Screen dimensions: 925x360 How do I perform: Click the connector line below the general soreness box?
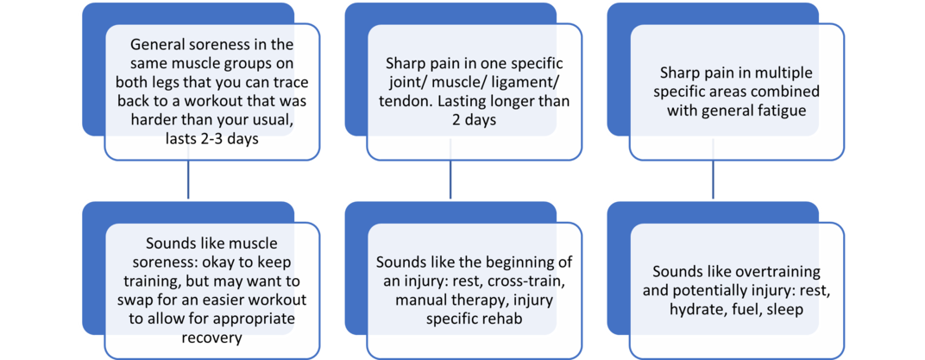(187, 180)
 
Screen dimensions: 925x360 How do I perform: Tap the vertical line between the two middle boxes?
(450, 180)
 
